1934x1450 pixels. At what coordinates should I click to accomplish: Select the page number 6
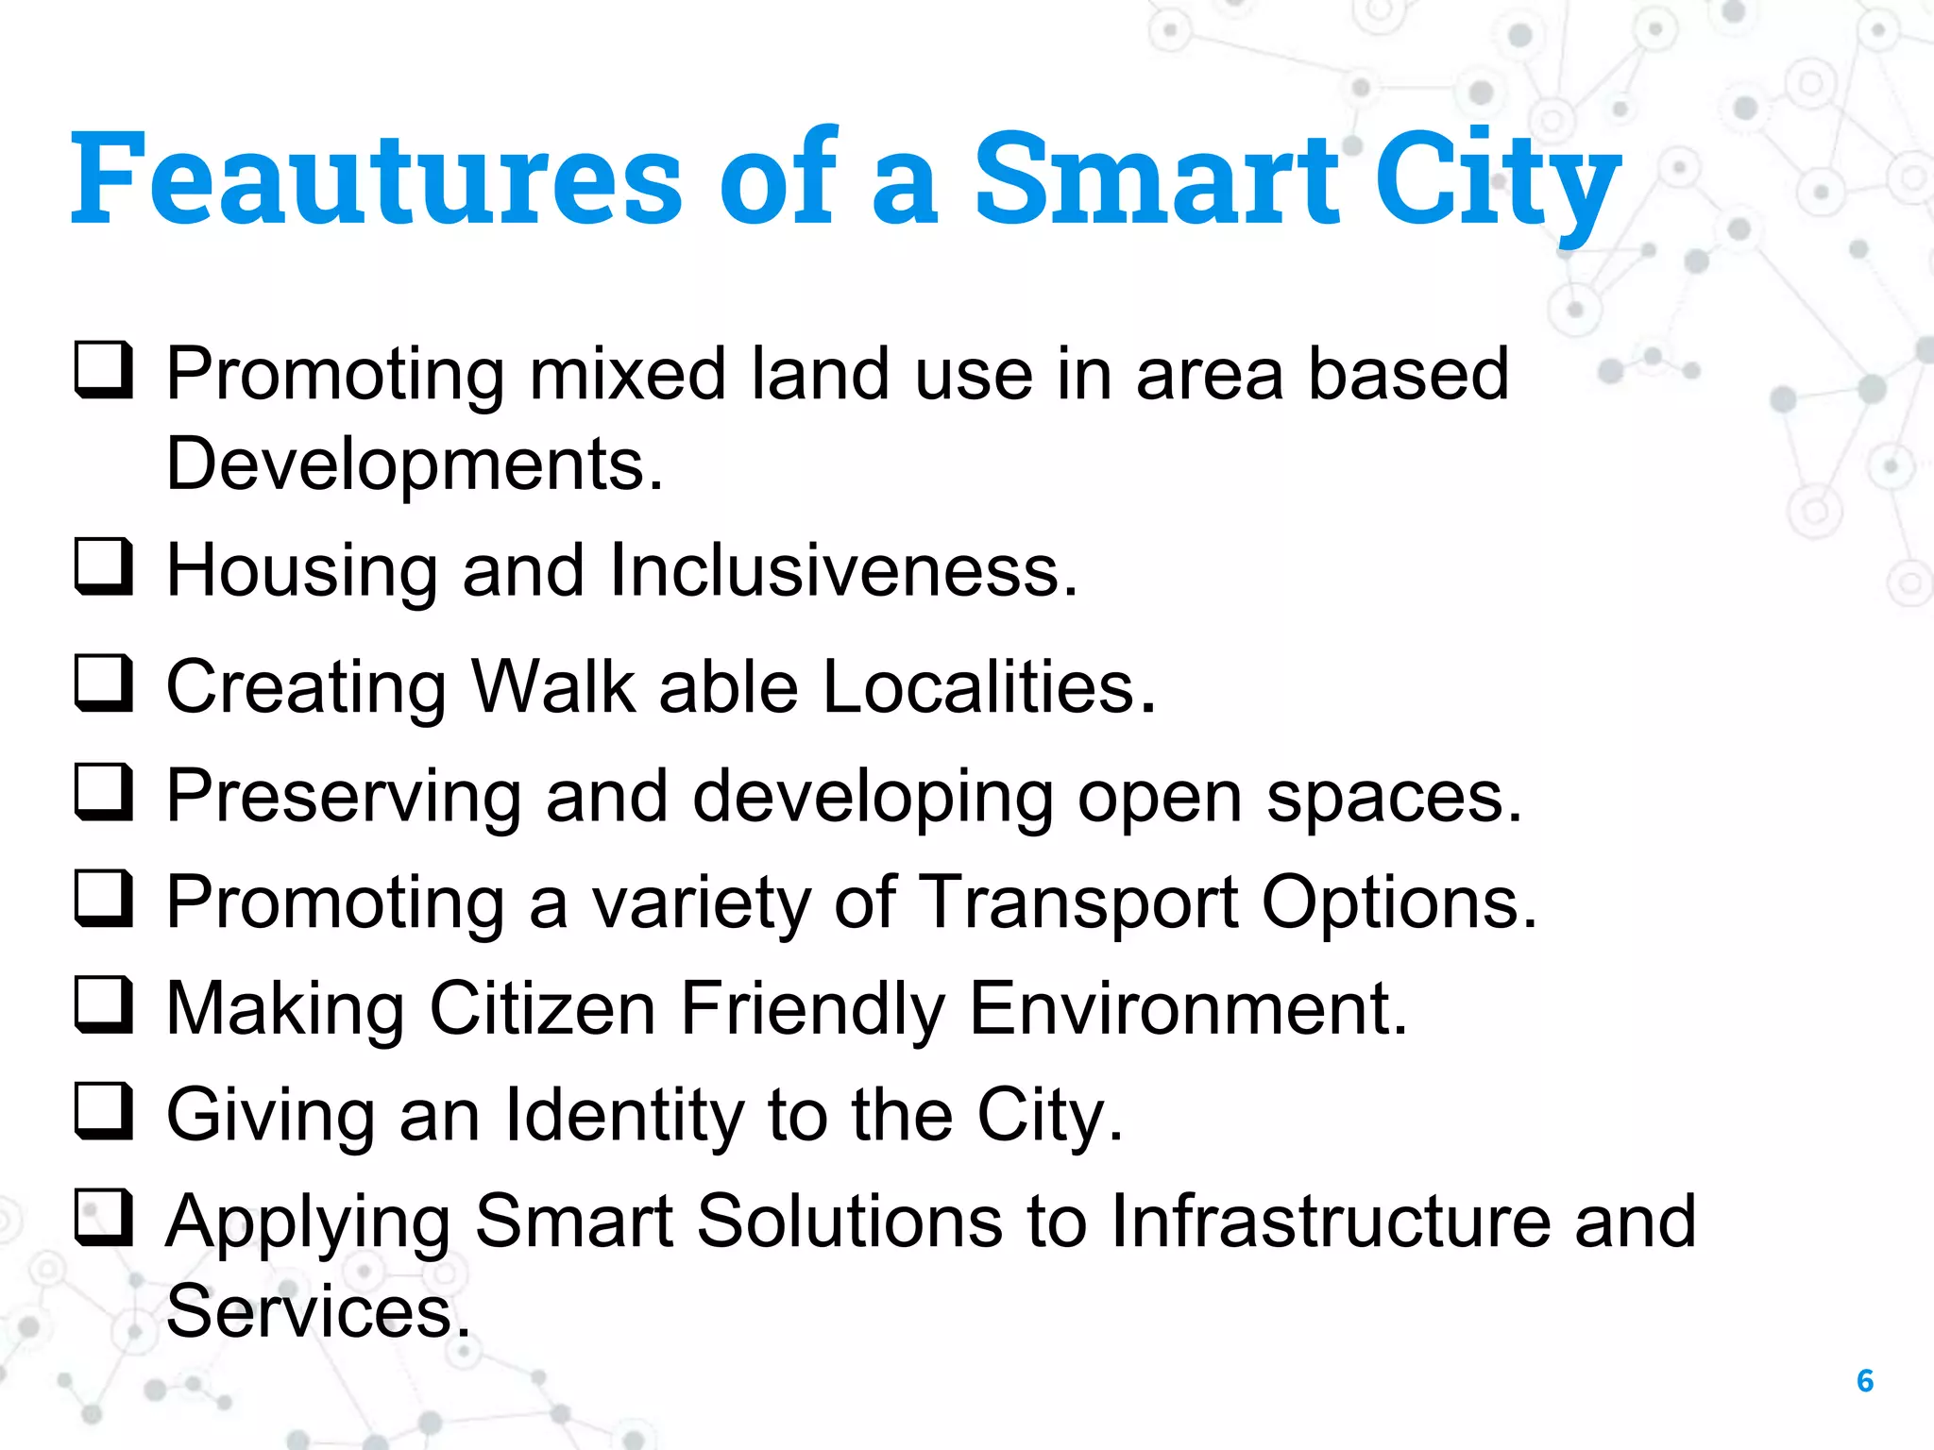coord(1864,1380)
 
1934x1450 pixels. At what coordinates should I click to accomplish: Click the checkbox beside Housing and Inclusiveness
coord(103,566)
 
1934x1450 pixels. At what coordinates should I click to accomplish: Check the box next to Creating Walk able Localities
coord(103,683)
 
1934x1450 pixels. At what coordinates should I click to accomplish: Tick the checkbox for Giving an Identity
coord(103,1111)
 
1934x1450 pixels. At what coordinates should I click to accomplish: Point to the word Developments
coord(415,464)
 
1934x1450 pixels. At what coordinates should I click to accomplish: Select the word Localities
coord(989,686)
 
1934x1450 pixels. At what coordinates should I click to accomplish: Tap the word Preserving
coord(344,797)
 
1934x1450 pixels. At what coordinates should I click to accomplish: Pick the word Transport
coord(1077,903)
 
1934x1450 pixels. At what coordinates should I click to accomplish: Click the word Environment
coord(1188,1009)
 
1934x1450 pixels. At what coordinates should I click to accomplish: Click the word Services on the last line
coord(317,1312)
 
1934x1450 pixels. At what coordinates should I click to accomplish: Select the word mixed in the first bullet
coord(627,375)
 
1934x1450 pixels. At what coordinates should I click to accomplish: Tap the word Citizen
coord(542,1009)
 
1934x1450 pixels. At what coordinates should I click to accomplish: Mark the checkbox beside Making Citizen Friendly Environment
coord(103,1004)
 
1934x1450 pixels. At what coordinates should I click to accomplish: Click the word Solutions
coord(849,1222)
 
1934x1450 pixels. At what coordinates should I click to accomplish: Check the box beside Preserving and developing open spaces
coord(103,791)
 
